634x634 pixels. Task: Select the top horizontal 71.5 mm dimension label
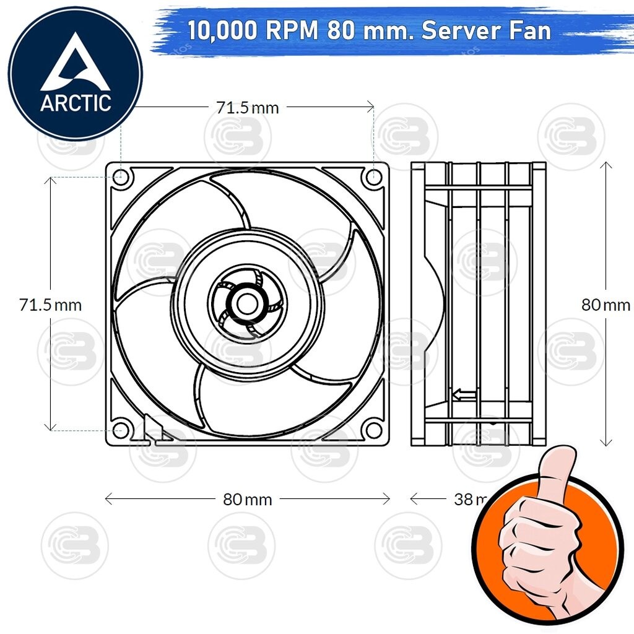click(247, 108)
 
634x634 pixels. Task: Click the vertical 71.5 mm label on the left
click(50, 305)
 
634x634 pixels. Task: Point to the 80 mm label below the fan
click(247, 499)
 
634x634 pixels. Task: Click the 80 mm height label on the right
click(605, 305)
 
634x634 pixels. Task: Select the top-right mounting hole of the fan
click(373, 178)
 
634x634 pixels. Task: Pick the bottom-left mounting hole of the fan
click(122, 428)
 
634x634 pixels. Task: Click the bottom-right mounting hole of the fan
click(373, 428)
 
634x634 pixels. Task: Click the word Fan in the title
click(530, 31)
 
